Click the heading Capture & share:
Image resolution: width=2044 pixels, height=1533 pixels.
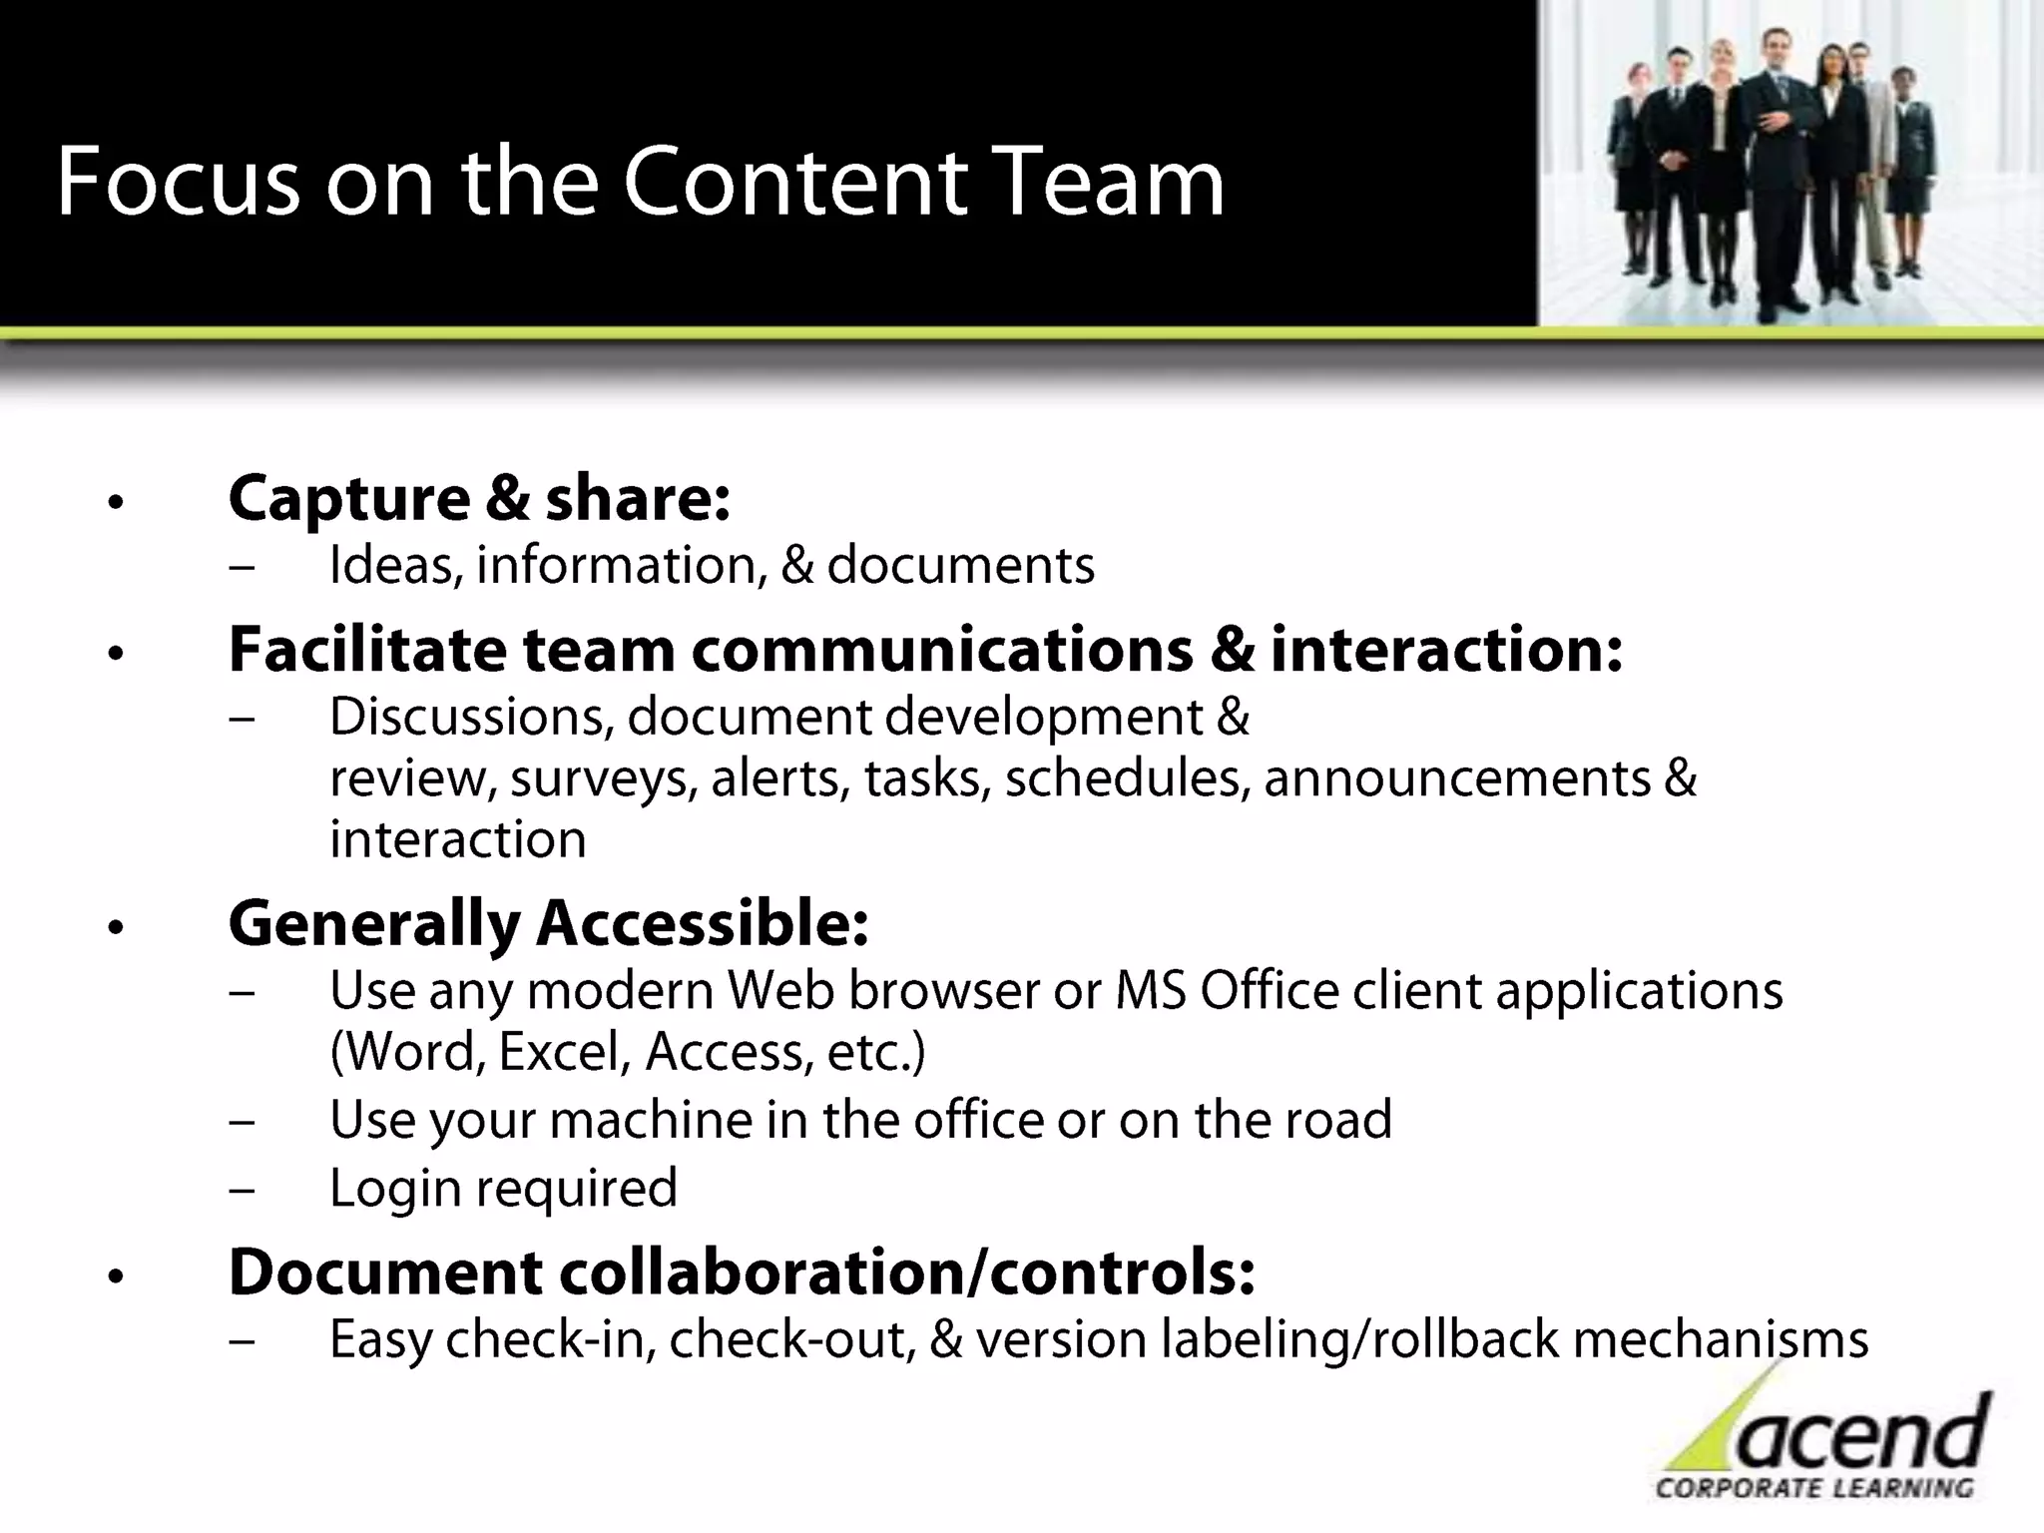[479, 498]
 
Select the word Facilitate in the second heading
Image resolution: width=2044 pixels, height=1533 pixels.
[367, 650]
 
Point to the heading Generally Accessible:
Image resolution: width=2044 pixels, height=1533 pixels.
[548, 923]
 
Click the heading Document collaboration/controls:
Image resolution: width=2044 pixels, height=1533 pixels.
[742, 1273]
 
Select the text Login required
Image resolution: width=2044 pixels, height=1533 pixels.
[503, 1189]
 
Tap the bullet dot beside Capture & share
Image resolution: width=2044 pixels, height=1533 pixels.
[117, 502]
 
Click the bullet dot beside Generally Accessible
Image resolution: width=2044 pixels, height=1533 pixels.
[117, 928]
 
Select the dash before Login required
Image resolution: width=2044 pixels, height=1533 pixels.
[241, 1190]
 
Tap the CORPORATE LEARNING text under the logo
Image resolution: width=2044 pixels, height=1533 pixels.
[1814, 1488]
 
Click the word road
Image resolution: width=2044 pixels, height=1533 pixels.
[1337, 1120]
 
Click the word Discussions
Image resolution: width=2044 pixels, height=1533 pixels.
[471, 718]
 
